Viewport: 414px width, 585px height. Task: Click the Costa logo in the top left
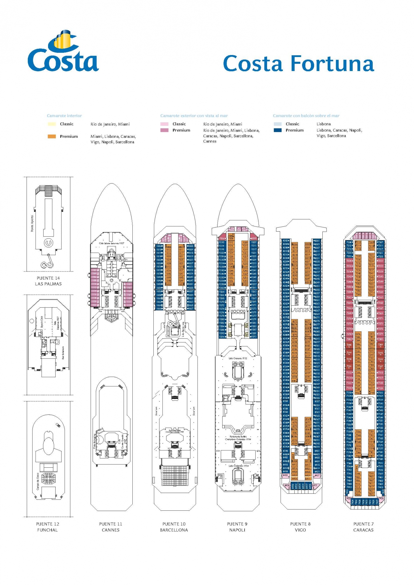tap(63, 51)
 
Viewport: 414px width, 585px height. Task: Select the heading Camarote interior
tap(64, 116)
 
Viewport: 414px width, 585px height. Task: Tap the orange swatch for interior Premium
tap(52, 136)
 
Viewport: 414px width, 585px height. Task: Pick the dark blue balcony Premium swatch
tap(278, 130)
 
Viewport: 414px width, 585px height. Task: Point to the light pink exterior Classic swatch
tap(164, 124)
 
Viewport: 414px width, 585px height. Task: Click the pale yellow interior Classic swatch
tap(52, 124)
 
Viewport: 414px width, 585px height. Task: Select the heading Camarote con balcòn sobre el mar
tap(306, 116)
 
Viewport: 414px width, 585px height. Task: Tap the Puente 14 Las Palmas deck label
tap(48, 281)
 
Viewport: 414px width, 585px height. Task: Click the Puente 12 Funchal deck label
tap(47, 527)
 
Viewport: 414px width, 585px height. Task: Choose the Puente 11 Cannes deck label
tap(111, 527)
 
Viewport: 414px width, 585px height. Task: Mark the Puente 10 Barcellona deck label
tap(174, 527)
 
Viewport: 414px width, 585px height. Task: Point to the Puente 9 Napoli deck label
tap(237, 527)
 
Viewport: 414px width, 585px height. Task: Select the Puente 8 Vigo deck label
tap(300, 527)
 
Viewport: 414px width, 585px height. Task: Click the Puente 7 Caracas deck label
tap(363, 527)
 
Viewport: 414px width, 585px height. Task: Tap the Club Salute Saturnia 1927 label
tap(111, 243)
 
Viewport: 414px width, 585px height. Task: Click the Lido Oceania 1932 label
tap(238, 358)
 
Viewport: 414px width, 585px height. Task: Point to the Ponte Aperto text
tap(32, 224)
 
